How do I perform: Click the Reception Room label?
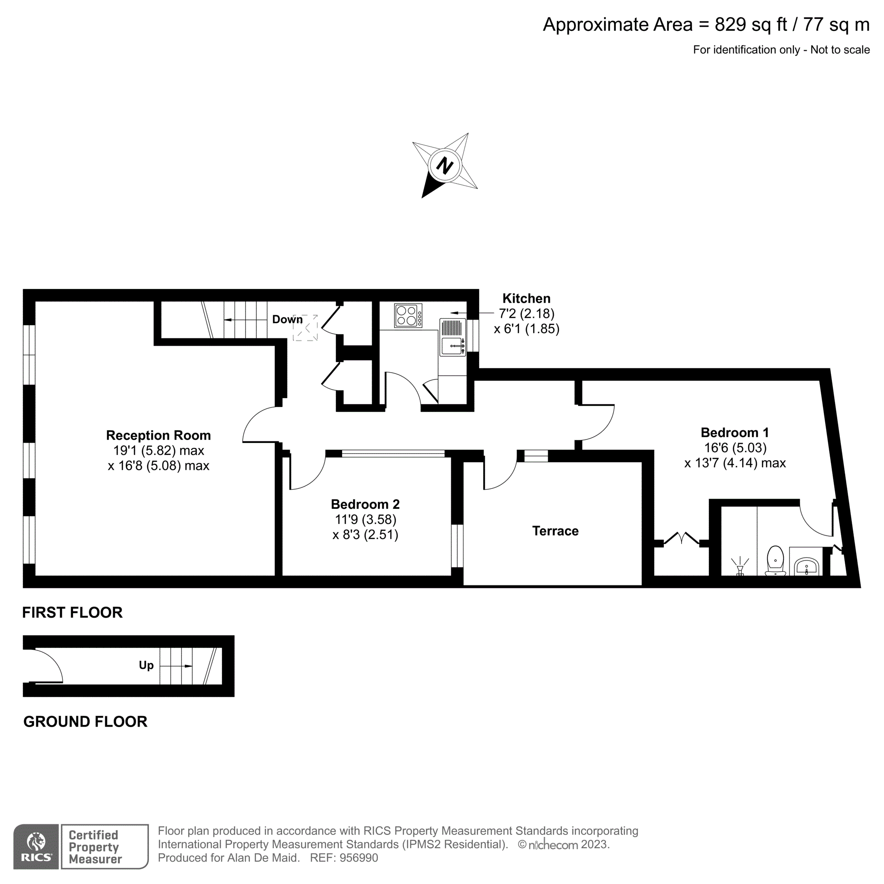tap(158, 435)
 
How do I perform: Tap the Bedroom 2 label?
tap(365, 504)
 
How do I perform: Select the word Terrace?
tap(555, 531)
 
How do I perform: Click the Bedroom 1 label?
tap(734, 432)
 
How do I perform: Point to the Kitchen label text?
tap(526, 298)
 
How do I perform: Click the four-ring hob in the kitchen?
tap(408, 315)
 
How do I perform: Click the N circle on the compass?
tap(445, 165)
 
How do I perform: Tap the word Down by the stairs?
tap(287, 320)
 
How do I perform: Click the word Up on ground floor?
tap(146, 665)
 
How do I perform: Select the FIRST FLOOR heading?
tap(72, 612)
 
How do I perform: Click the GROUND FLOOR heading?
tap(85, 722)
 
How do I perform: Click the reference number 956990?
tap(359, 858)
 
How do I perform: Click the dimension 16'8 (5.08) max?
tap(158, 466)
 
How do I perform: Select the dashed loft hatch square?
tap(305, 327)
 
